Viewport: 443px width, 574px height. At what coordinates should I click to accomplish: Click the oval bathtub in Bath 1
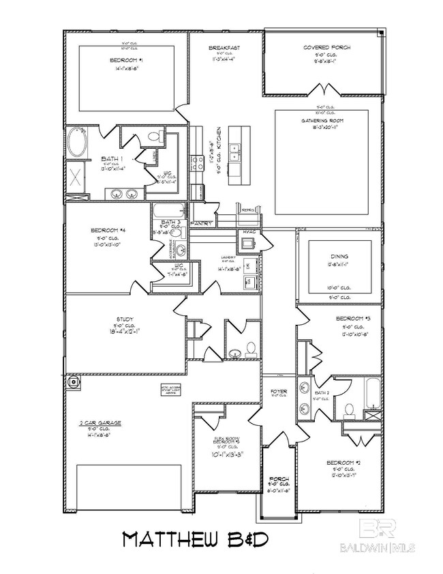point(76,144)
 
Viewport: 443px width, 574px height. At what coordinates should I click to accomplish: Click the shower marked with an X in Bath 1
point(76,179)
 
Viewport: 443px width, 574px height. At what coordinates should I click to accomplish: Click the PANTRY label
point(202,223)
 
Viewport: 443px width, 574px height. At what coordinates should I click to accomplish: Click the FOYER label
point(279,391)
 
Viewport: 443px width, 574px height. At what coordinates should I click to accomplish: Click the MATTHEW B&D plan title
point(196,539)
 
